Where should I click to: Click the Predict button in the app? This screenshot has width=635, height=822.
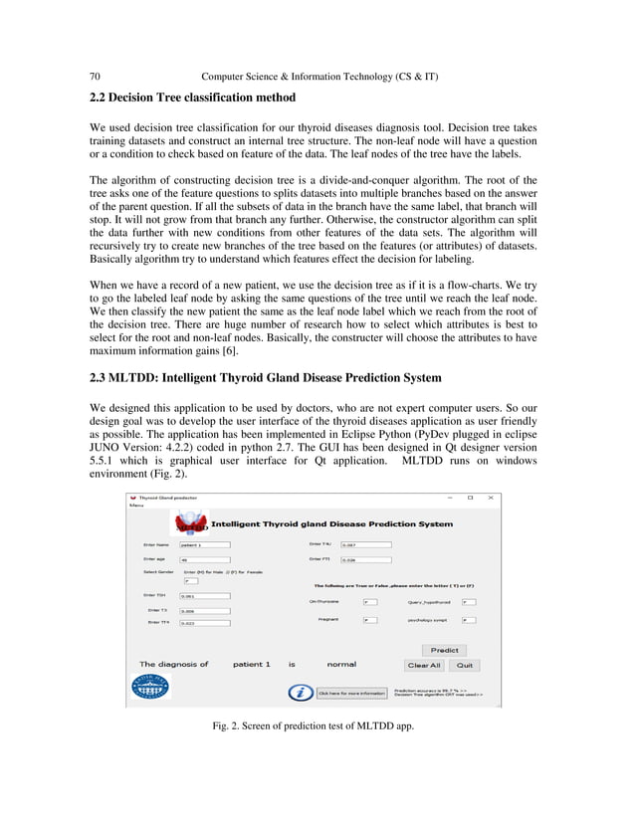tap(444, 651)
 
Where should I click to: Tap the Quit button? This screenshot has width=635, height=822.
tap(464, 665)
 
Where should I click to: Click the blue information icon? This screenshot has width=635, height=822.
tap(296, 692)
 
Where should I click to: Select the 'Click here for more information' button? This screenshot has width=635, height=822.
tap(351, 693)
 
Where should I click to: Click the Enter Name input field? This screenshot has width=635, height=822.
tap(204, 545)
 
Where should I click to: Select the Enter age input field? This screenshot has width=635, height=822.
tap(204, 559)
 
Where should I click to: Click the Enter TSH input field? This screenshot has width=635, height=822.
tap(204, 596)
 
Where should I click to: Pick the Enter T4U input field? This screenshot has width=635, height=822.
tap(365, 544)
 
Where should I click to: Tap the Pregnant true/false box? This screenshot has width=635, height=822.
tap(369, 620)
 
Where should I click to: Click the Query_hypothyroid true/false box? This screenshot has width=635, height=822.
tap(469, 602)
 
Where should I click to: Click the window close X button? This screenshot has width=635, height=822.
tap(490, 497)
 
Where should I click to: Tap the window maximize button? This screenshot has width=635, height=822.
tap(470, 497)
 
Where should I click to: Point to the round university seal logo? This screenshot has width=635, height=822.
tap(150, 686)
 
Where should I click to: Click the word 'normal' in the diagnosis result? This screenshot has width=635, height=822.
tap(341, 664)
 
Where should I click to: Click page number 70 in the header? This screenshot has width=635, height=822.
tap(96, 77)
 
